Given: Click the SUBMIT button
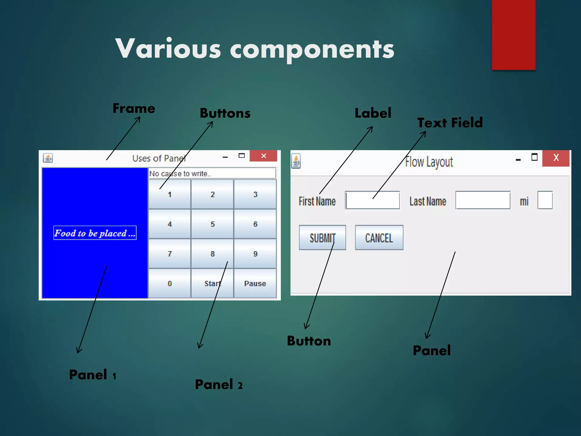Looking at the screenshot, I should (322, 238).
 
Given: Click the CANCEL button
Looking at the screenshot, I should (379, 238).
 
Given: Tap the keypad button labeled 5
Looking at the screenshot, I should (212, 224).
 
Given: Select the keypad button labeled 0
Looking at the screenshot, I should (170, 283).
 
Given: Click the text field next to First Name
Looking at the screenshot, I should (372, 200).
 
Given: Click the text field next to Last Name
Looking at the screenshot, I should (483, 200).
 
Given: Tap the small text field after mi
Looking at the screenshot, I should (545, 200).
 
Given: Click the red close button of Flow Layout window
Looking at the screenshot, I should (556, 158).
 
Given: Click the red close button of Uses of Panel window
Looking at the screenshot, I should (263, 156).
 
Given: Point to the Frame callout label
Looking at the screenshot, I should (134, 108).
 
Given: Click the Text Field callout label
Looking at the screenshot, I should (450, 123).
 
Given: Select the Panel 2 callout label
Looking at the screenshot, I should (218, 385).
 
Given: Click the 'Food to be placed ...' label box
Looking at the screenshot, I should (95, 233).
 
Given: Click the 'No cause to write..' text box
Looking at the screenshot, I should (212, 173).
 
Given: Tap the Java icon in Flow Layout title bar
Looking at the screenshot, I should (296, 161).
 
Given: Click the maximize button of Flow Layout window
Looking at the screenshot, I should (534, 157).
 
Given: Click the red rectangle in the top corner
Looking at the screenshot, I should (513, 34).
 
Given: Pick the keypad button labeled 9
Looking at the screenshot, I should (255, 253).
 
